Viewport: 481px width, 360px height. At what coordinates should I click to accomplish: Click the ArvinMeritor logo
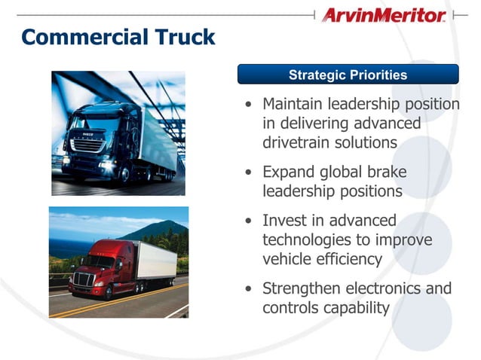[x=382, y=15]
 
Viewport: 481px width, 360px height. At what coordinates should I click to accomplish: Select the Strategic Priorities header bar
[x=348, y=75]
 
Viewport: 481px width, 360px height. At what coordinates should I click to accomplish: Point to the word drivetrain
[x=299, y=142]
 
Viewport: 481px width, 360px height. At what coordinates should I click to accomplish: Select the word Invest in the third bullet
[x=285, y=221]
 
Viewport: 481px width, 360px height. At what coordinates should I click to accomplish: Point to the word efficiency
[x=344, y=258]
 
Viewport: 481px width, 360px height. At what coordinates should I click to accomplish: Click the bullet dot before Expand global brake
[x=250, y=172]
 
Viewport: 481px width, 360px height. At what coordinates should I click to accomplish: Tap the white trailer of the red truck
[x=154, y=260]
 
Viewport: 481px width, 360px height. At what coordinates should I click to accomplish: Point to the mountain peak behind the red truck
[x=161, y=224]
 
